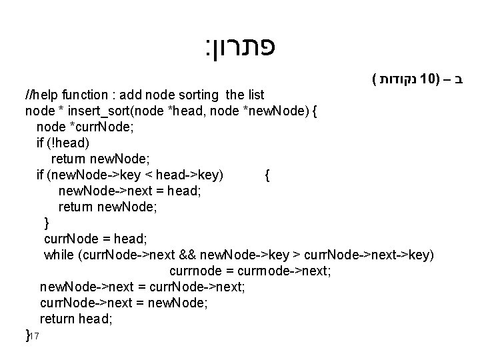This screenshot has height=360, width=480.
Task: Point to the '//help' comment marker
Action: point(40,95)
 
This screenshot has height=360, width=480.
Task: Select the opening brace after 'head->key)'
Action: point(267,175)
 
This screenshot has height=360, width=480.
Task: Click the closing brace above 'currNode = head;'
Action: point(46,223)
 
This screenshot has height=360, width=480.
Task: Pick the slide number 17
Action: point(36,337)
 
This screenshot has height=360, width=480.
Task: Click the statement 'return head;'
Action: point(76,319)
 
